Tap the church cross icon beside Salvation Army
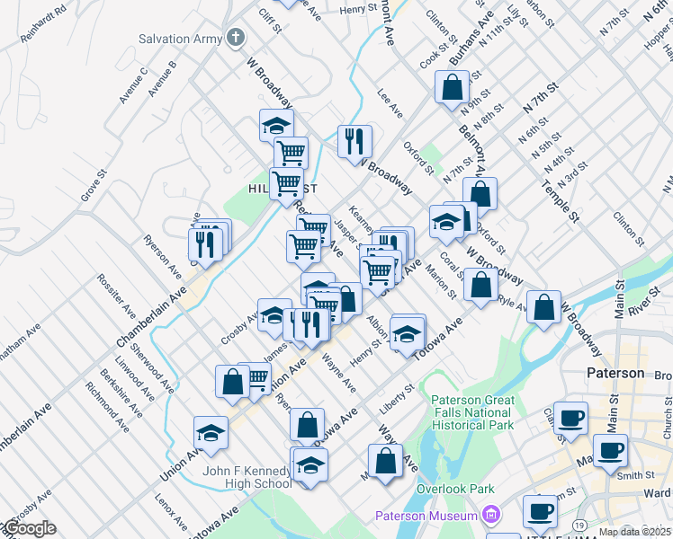click(236, 38)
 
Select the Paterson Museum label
click(426, 516)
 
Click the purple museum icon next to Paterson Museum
click(490, 515)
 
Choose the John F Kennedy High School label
click(248, 476)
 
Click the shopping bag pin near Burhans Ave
click(452, 88)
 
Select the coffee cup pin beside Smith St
click(610, 450)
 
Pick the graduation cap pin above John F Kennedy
click(211, 434)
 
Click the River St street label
click(640, 304)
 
